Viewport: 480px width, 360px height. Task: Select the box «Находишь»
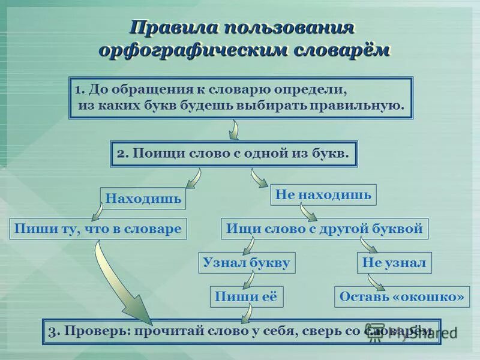tap(143, 199)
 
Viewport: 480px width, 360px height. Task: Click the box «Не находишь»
tap(323, 194)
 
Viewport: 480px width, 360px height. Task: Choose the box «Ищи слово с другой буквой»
tap(325, 229)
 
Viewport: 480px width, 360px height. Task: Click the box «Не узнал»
tap(394, 262)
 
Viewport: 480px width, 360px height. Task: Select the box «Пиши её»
tap(247, 296)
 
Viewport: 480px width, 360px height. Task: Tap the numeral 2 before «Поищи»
tap(121, 154)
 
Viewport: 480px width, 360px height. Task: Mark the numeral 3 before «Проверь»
tap(52, 331)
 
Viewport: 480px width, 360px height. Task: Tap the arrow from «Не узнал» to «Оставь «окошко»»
tap(375, 281)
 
